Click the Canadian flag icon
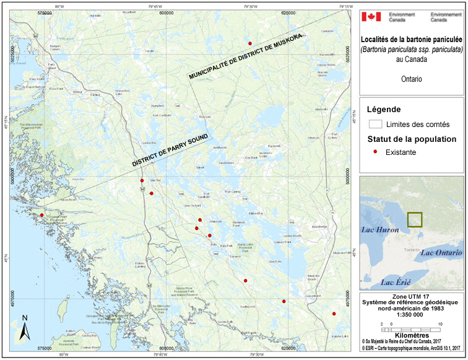click(x=371, y=17)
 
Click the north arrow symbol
click(x=24, y=327)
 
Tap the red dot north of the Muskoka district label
click(x=250, y=43)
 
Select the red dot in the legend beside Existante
click(x=376, y=151)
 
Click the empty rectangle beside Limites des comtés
click(x=375, y=124)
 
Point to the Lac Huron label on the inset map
click(x=378, y=229)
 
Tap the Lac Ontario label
click(x=441, y=253)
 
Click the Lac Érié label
click(x=396, y=283)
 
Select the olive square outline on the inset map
click(x=414, y=221)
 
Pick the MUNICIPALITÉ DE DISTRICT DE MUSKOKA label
click(x=246, y=56)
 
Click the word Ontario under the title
click(x=411, y=79)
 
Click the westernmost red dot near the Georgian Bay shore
click(x=42, y=215)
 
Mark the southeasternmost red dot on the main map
click(x=334, y=314)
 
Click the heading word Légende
click(x=384, y=109)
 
